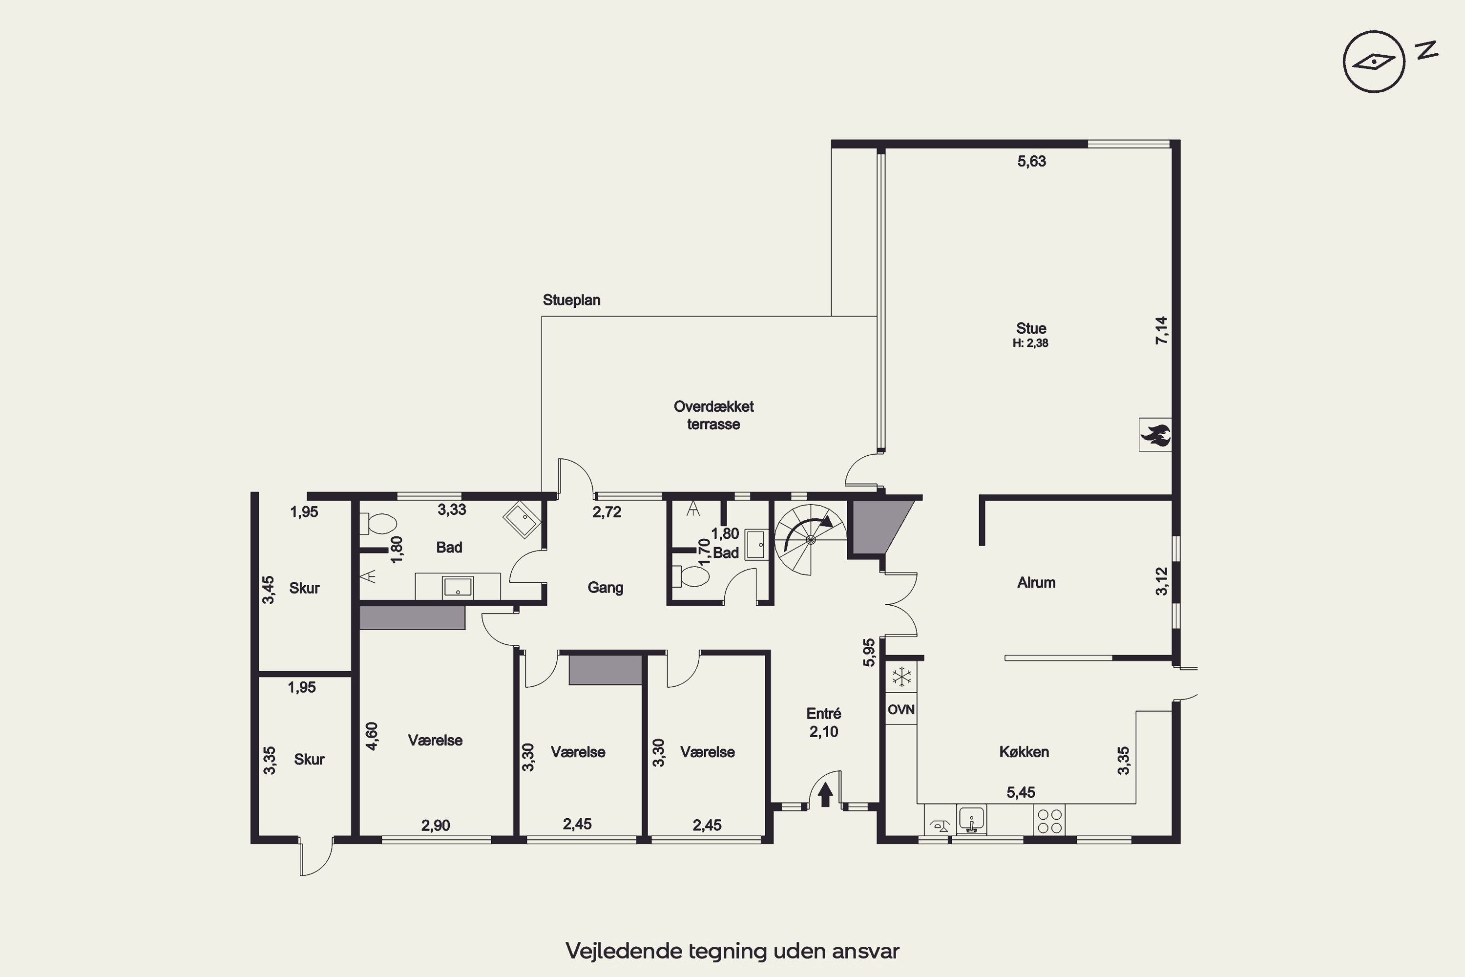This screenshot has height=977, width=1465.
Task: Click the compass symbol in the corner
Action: coord(1374,62)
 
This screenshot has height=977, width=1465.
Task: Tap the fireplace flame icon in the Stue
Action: coord(1155,435)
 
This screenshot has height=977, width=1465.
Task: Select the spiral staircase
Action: coord(810,540)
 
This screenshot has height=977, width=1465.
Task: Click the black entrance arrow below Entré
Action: coord(825,794)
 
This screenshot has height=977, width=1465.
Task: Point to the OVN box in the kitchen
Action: coord(900,709)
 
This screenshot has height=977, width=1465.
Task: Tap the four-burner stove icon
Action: coord(1049,820)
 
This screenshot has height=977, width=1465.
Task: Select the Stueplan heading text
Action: coord(572,300)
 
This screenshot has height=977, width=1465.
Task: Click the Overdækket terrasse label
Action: coord(714,415)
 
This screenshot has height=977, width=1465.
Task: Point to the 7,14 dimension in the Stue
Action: coord(1162,331)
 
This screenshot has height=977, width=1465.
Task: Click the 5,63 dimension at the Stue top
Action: coord(1031,161)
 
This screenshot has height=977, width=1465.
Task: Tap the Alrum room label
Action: coord(1036,583)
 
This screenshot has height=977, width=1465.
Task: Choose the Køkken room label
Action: coord(1024,752)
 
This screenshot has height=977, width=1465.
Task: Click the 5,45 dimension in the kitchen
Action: coord(1021,792)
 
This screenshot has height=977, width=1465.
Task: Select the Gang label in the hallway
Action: coord(606,588)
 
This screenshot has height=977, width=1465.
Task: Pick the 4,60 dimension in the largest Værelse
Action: coord(372,736)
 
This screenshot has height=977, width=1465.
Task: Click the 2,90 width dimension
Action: coord(436,826)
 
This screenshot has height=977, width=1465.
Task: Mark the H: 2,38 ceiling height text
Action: coord(1031,343)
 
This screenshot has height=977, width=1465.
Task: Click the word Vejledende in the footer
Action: coord(624,952)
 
